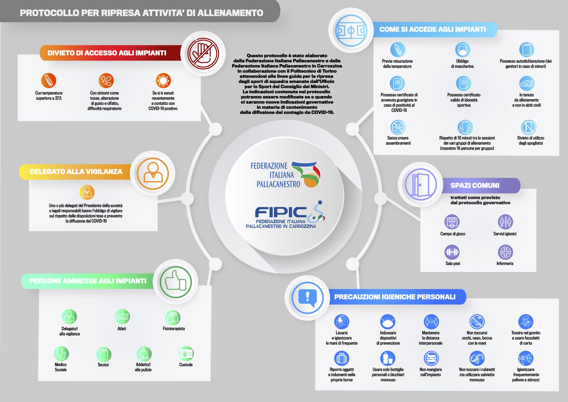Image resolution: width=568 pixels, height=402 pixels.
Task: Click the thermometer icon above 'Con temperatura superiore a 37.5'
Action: pos(49,80)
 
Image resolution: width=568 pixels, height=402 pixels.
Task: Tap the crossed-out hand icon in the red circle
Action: pos(203,54)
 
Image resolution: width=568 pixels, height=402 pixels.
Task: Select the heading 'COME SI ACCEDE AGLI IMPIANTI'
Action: pos(433,29)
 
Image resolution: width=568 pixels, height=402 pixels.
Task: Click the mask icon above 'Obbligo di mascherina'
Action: pos(462,49)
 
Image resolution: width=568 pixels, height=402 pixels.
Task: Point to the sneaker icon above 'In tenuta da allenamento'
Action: pos(527,83)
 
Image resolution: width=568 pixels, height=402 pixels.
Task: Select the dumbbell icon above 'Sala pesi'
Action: pos(452,252)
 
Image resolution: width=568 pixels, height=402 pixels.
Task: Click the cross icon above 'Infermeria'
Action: pos(505,252)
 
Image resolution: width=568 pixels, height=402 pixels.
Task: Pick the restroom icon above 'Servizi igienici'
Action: pos(505,222)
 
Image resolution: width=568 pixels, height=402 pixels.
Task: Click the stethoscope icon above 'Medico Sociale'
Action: pos(61,353)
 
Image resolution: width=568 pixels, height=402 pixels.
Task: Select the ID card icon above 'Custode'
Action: pos(186,354)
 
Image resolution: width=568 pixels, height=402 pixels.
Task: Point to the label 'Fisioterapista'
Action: pos(174,329)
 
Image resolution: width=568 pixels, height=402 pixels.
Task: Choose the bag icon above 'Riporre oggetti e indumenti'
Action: pos(342,358)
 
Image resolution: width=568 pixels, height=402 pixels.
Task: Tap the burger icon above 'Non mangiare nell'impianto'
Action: pos(431,358)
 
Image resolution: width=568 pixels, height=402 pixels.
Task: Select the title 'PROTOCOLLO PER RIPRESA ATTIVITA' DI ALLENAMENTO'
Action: pos(141,13)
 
